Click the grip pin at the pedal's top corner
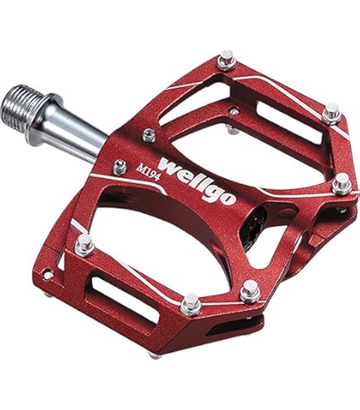coord(226,60)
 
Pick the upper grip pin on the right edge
coord(332,112)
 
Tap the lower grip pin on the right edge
coord(341,184)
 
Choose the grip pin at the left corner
coord(84,245)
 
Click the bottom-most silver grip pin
coord(190,303)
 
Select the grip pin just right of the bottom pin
coord(250,291)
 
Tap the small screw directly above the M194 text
coord(149,135)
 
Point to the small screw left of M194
coord(120,166)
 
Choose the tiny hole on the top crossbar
coord(234,110)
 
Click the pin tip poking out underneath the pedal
coord(155,355)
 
